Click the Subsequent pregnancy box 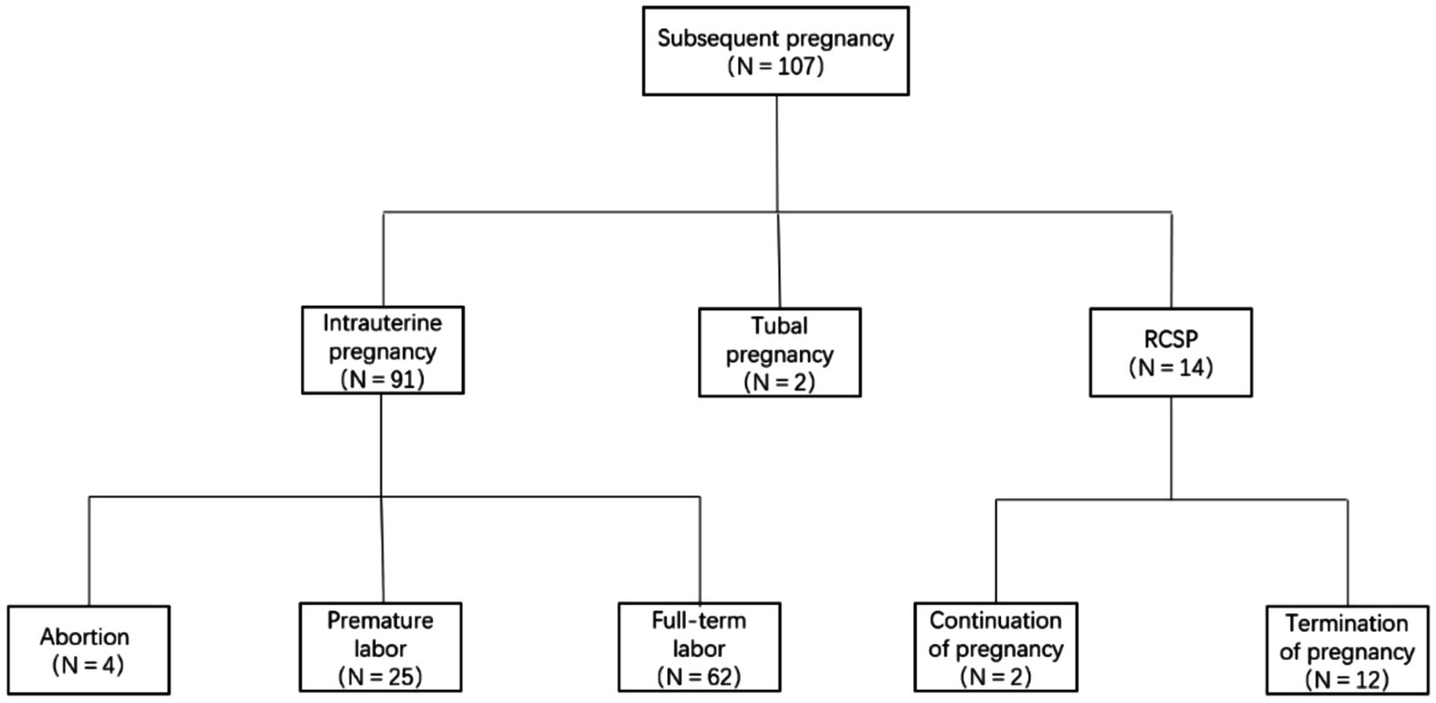[778, 52]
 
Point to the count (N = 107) [778, 66]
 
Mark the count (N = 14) [1170, 367]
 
